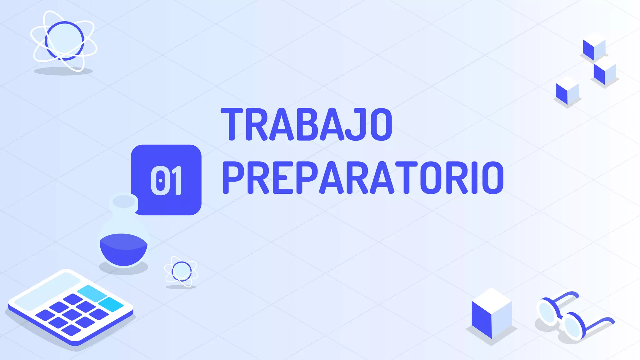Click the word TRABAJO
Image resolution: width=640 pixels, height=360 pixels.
(306, 124)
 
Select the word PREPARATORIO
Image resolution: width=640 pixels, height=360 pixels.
(362, 178)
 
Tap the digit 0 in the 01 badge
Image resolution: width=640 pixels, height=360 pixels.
(160, 180)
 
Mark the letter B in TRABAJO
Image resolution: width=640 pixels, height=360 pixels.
(308, 124)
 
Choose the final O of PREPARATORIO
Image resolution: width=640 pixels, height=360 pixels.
(492, 178)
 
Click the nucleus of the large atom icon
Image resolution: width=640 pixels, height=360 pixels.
(64, 40)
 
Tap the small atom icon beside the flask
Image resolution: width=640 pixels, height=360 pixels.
(181, 271)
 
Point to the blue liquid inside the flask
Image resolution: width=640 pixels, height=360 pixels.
(123, 248)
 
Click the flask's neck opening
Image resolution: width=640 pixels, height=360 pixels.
(124, 201)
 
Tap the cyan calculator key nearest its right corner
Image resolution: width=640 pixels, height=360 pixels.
(111, 304)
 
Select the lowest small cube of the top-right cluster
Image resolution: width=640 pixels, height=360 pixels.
(567, 91)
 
